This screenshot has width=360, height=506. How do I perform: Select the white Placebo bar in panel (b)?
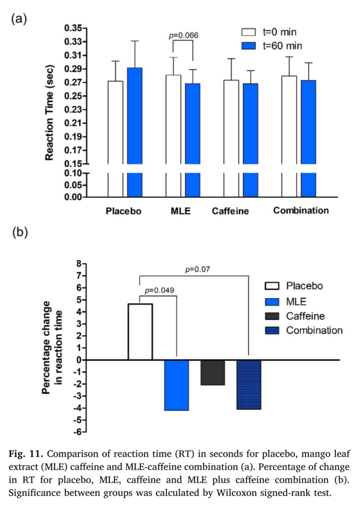(x=140, y=332)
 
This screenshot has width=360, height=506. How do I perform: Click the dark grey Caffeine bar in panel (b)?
(x=212, y=372)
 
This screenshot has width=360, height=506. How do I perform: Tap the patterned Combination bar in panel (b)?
(x=248, y=384)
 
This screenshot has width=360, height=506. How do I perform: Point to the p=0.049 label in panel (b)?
(x=159, y=290)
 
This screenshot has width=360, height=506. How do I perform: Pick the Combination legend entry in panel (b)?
(x=314, y=330)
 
